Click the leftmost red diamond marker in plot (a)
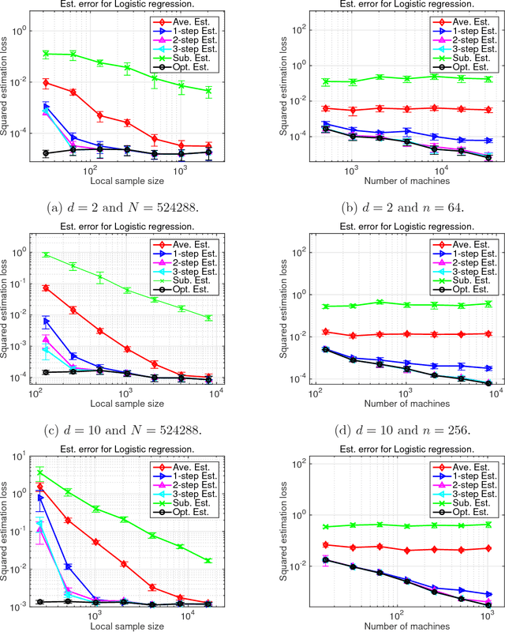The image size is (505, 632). (x=47, y=83)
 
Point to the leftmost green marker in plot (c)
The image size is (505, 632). (x=47, y=254)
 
